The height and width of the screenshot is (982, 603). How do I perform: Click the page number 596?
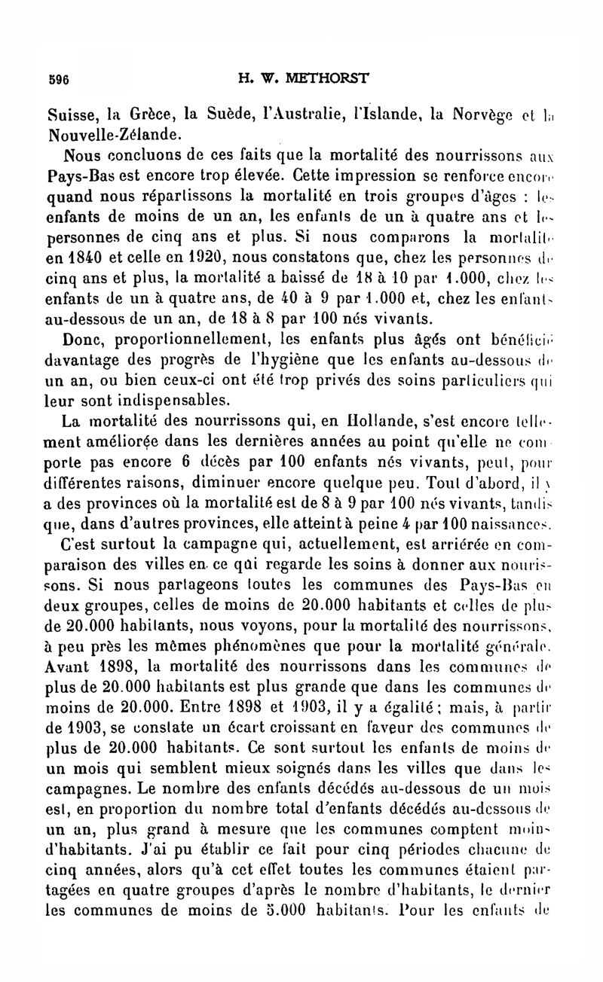[x=58, y=79]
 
